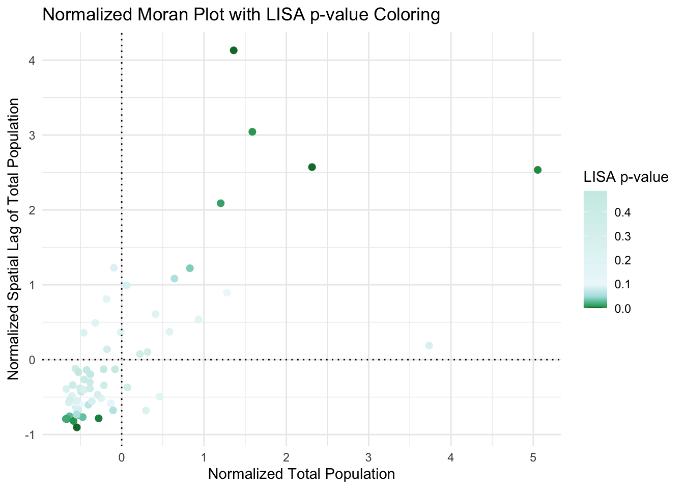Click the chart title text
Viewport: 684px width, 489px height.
click(x=241, y=15)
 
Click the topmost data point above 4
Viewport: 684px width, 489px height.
click(x=234, y=50)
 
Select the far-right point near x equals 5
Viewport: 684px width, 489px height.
click(x=537, y=170)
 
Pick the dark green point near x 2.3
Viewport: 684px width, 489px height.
click(x=312, y=167)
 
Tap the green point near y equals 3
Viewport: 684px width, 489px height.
click(x=252, y=132)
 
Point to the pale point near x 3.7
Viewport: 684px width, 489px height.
click(x=429, y=345)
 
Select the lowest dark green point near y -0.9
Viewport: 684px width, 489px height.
click(x=77, y=427)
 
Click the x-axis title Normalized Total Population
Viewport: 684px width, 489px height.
click(x=301, y=474)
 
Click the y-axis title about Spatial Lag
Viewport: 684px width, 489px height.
click(x=14, y=239)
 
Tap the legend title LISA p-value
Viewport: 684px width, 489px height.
click(x=625, y=177)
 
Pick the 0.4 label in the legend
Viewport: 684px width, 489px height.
click(x=622, y=212)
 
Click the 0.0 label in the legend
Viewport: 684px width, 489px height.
click(x=622, y=309)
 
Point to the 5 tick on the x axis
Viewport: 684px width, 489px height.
click(x=533, y=458)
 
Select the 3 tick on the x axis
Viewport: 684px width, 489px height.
click(x=368, y=458)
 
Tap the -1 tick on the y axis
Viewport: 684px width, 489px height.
click(x=29, y=435)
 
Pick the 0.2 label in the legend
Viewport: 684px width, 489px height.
click(x=622, y=261)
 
